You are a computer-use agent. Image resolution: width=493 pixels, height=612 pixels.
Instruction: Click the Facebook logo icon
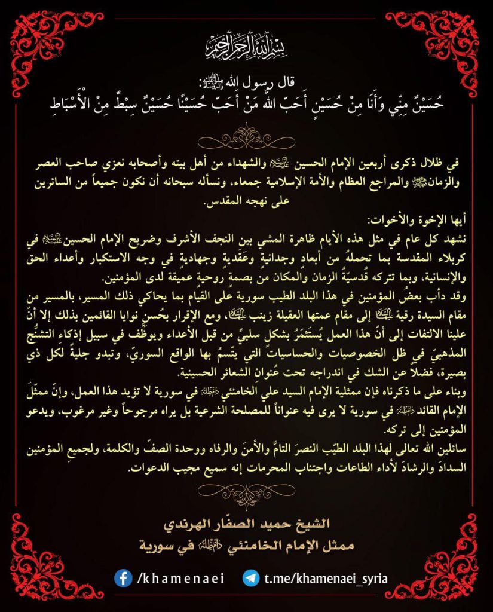124,578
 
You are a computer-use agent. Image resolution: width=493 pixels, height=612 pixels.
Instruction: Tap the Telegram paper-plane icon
250,578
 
